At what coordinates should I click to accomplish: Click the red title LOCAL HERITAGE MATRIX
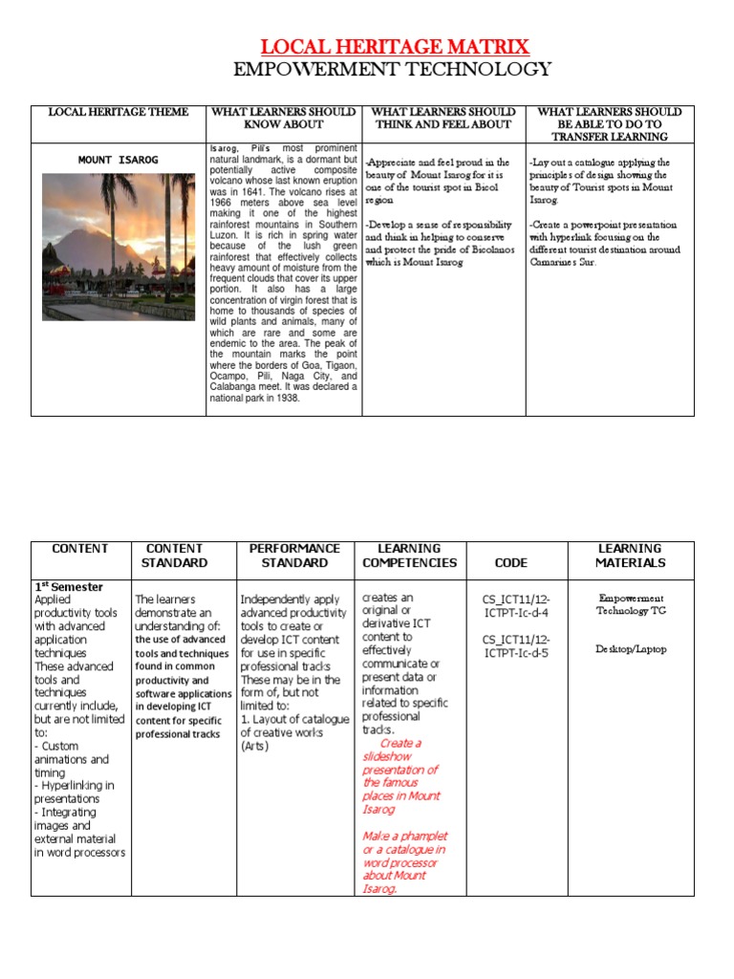tap(395, 46)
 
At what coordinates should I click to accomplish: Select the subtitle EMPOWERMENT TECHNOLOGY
tap(393, 69)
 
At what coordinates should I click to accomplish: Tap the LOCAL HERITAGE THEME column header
tap(119, 113)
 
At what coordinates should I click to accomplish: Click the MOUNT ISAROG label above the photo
tap(119, 160)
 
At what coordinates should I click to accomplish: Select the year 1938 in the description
tap(284, 398)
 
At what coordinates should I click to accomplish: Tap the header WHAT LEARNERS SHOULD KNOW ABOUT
tap(284, 119)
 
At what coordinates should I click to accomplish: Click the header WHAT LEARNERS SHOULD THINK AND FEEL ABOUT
tap(443, 119)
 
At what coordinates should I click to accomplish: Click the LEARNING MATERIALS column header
tap(629, 555)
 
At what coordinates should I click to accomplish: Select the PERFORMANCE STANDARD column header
tap(294, 555)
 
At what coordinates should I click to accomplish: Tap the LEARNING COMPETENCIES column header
tap(409, 555)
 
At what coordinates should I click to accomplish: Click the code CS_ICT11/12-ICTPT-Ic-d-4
tap(516, 606)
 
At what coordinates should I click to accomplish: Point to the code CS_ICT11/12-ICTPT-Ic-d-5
tap(516, 646)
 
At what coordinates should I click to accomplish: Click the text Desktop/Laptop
tap(630, 649)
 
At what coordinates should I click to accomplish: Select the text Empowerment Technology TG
tap(630, 604)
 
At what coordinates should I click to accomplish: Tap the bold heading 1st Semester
tap(69, 586)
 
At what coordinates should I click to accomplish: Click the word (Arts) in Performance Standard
tap(255, 746)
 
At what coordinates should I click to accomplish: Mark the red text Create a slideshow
tap(399, 750)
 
